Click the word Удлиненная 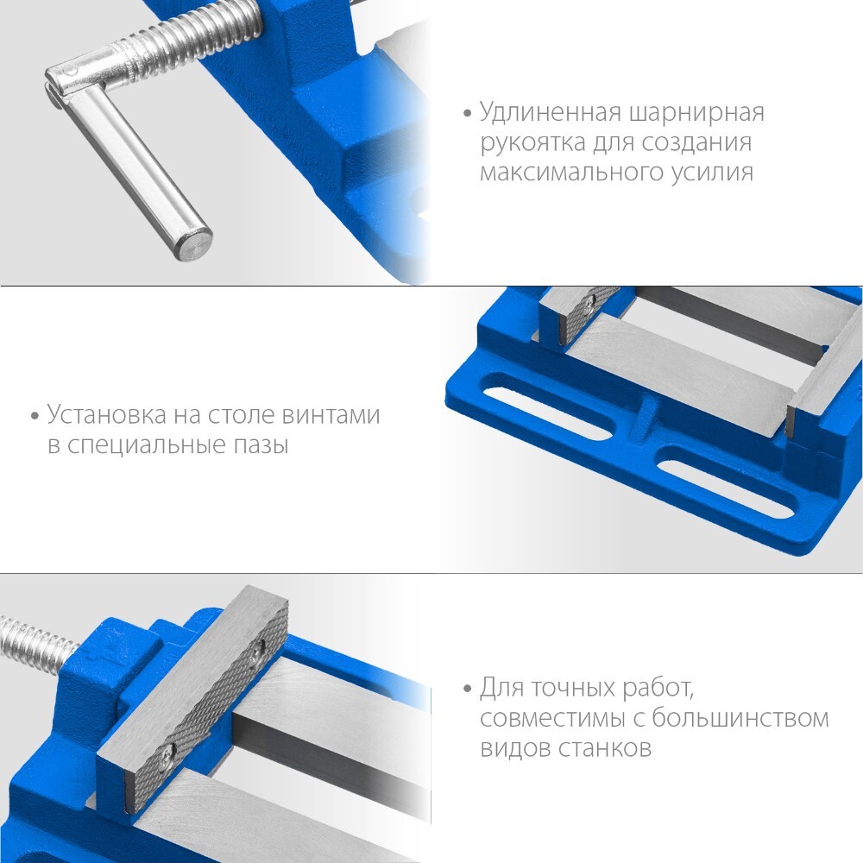551,113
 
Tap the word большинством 740,718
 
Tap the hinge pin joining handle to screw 69,72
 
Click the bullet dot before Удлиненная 468,114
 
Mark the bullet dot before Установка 35,416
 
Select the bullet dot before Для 468,689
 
